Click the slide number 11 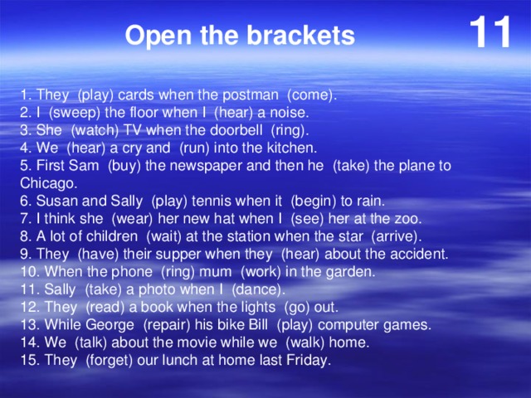point(490,33)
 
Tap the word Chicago point(48,183)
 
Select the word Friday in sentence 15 point(307,360)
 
